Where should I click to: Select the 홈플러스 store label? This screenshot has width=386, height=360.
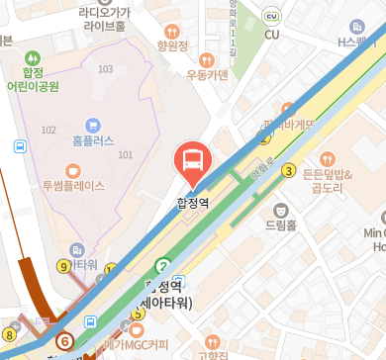(x=93, y=141)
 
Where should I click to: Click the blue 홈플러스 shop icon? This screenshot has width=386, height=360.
(x=93, y=125)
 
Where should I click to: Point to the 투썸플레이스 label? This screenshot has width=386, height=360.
(x=73, y=184)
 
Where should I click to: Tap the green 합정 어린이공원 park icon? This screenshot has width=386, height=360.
(x=36, y=58)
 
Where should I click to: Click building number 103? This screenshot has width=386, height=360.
(x=106, y=69)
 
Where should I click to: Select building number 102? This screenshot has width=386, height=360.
(x=48, y=130)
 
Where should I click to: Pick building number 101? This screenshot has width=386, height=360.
(x=125, y=155)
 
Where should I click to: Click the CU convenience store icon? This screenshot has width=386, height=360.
(x=273, y=35)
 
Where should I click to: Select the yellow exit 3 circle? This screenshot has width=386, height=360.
(x=289, y=170)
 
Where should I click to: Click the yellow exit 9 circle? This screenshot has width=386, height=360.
(x=64, y=265)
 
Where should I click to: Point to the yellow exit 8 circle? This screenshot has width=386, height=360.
(x=9, y=333)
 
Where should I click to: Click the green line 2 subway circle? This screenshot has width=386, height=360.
(x=162, y=265)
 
